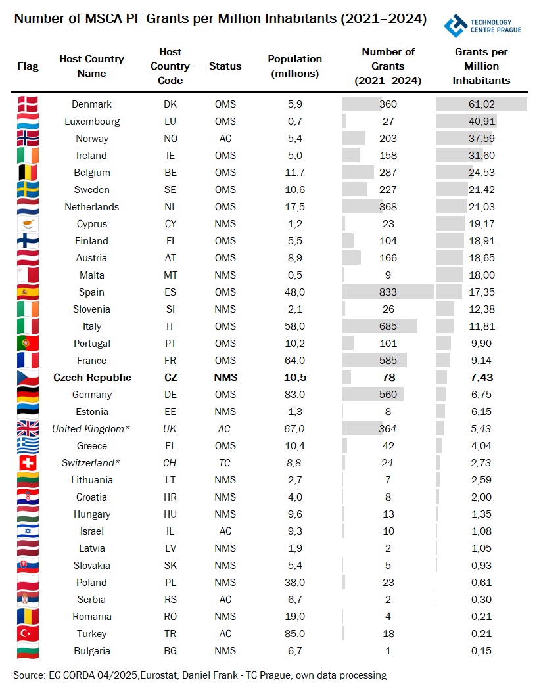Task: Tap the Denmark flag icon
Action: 28,104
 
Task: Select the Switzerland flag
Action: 28,463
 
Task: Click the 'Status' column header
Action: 225,66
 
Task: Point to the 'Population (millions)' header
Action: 295,66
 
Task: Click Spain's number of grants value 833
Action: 388,292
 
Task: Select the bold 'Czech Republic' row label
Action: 92,378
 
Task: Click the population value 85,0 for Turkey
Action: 294,634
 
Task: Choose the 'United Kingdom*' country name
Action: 91,429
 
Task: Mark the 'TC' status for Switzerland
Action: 225,463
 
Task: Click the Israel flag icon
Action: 28,531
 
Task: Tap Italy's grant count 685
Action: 388,326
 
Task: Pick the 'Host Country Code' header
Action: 170,66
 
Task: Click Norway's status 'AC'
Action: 225,139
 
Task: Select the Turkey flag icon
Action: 28,634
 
